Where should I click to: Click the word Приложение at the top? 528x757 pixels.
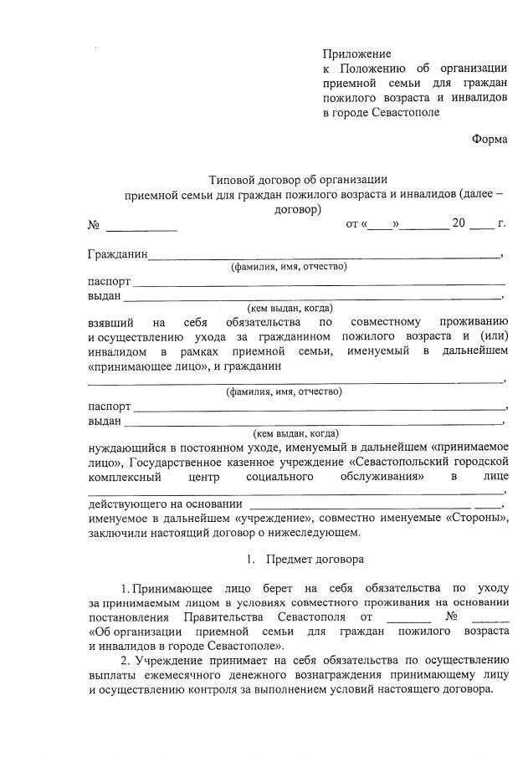pos(357,54)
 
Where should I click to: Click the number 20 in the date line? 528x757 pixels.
pos(459,224)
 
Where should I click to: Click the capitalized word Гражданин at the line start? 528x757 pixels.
pos(118,253)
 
